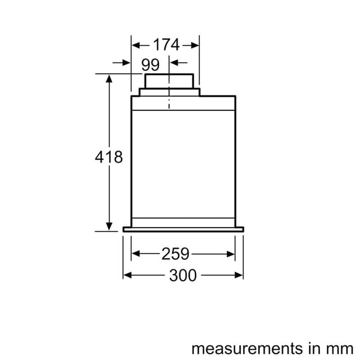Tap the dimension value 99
tap(150, 65)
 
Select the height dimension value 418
tap(109, 157)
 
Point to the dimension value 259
tap(175, 254)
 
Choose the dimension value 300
tap(183, 275)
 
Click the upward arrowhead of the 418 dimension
tap(109, 78)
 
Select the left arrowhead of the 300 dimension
tap(127, 275)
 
